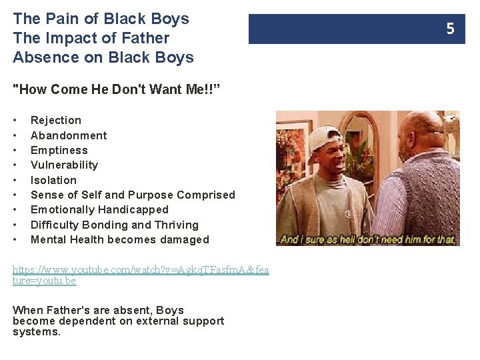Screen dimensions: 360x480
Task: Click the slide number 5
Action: tap(450, 29)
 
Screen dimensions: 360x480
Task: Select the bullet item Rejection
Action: tap(56, 121)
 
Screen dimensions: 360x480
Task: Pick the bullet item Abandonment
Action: tap(69, 135)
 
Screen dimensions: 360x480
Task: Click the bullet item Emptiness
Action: tap(59, 151)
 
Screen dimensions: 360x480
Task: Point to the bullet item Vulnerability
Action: tap(64, 165)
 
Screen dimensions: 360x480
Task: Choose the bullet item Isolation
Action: tap(53, 180)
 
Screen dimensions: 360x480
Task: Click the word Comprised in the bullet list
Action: tap(204, 195)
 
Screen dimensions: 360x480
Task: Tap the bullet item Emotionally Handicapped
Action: tap(99, 210)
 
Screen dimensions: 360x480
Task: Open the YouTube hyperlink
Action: tap(140, 271)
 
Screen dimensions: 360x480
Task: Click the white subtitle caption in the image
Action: tap(368, 239)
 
